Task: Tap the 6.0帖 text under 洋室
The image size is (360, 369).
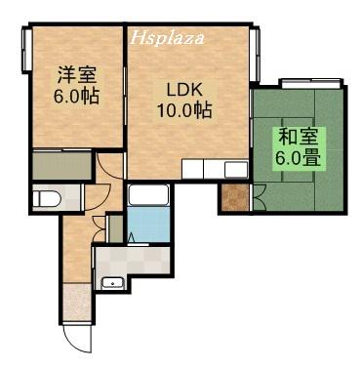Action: coord(75,98)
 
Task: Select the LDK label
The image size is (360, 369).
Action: coord(182,89)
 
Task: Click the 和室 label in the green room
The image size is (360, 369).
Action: coord(298,136)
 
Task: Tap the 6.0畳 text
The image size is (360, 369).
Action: coord(299,157)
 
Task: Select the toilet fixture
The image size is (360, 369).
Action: coord(47,199)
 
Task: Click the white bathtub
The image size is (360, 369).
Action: coord(148,196)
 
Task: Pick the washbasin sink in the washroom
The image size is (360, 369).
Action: coord(113,284)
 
